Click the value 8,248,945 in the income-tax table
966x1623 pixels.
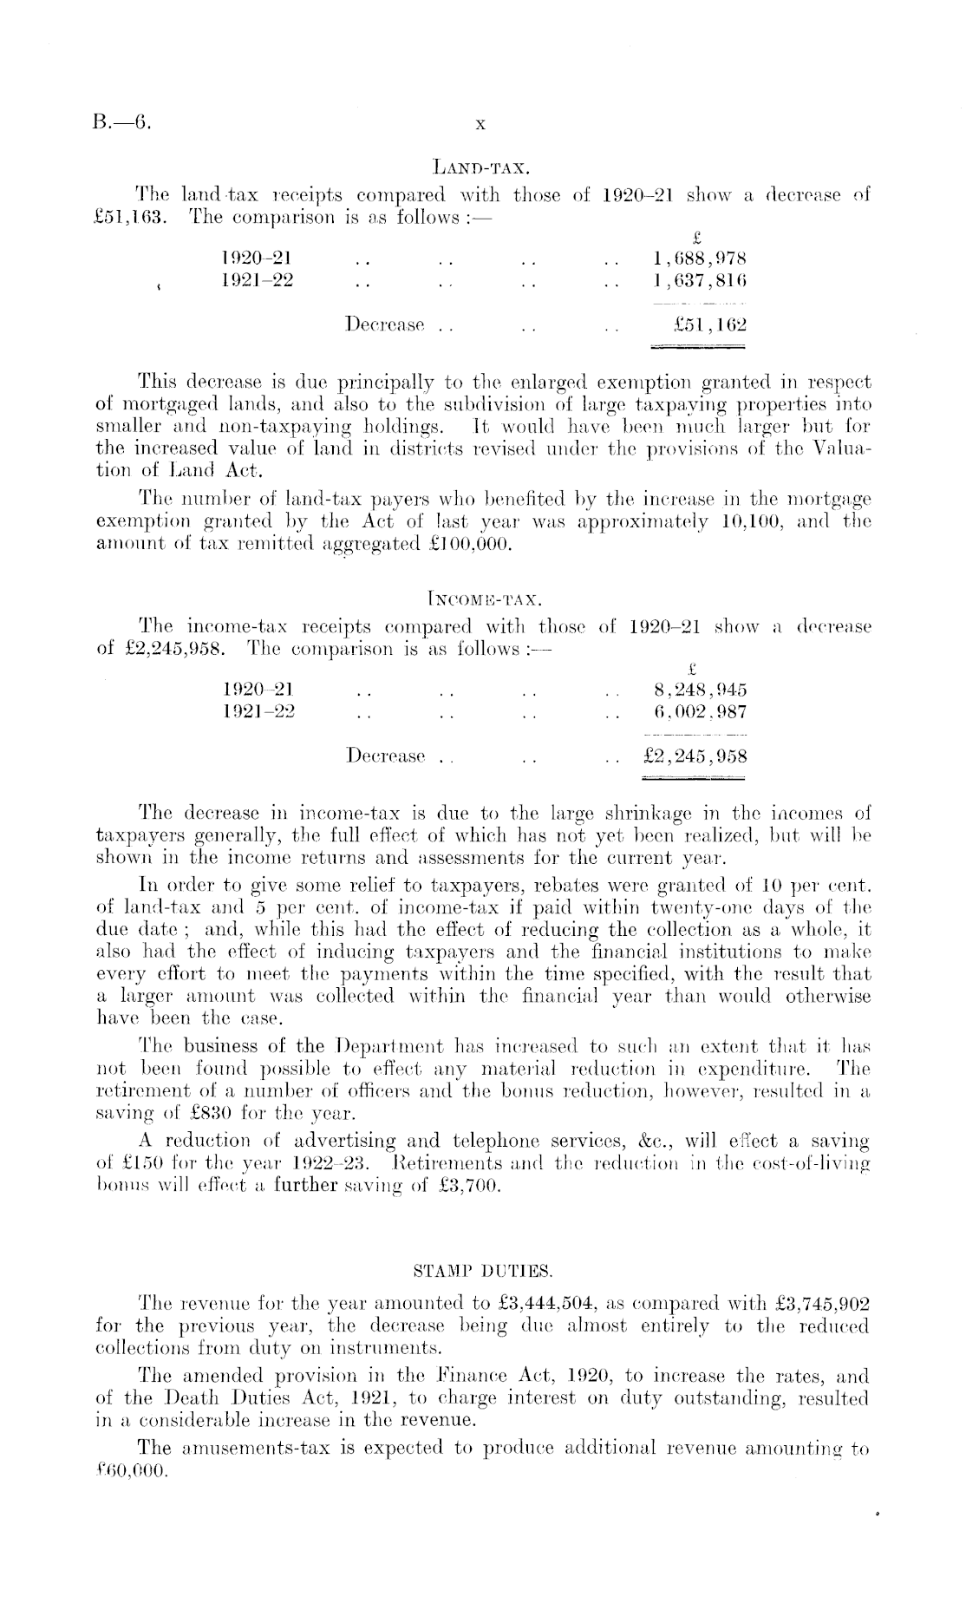pos(701,690)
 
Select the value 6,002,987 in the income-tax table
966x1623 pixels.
pos(701,712)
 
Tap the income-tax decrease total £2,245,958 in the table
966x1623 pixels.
pos(692,756)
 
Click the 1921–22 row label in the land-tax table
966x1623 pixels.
pos(258,281)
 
